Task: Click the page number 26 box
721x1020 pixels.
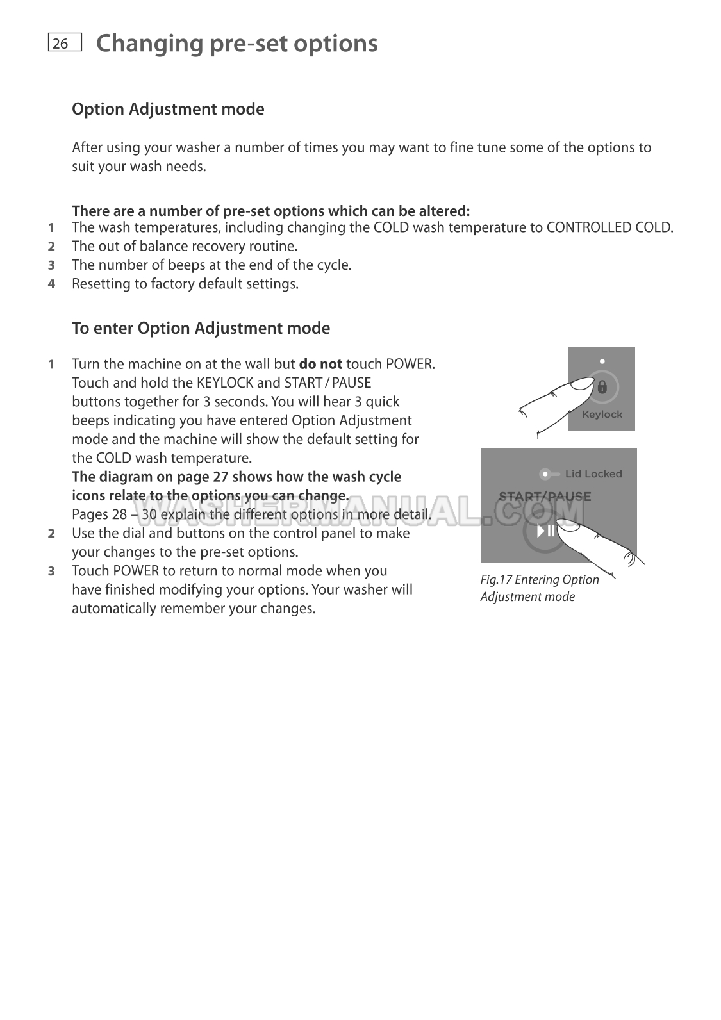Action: point(65,43)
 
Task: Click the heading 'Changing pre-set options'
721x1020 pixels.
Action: point(236,44)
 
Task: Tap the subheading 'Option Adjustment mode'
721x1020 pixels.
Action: point(168,109)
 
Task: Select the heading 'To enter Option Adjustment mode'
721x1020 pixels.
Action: point(201,328)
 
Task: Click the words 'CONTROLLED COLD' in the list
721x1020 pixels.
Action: point(609,227)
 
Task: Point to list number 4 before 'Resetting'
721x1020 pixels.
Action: point(51,284)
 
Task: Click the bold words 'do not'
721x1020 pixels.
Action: point(320,365)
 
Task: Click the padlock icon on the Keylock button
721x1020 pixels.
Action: point(602,387)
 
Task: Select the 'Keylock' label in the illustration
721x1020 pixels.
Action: point(602,415)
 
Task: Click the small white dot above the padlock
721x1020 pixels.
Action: point(602,362)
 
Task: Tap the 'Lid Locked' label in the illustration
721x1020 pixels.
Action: point(593,474)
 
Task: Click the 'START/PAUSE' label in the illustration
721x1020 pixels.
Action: point(545,497)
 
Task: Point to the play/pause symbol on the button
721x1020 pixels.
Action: point(546,531)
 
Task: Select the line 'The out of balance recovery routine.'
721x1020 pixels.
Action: point(185,247)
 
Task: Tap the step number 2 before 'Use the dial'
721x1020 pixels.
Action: point(51,534)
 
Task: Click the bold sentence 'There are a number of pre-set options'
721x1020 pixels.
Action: point(270,211)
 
